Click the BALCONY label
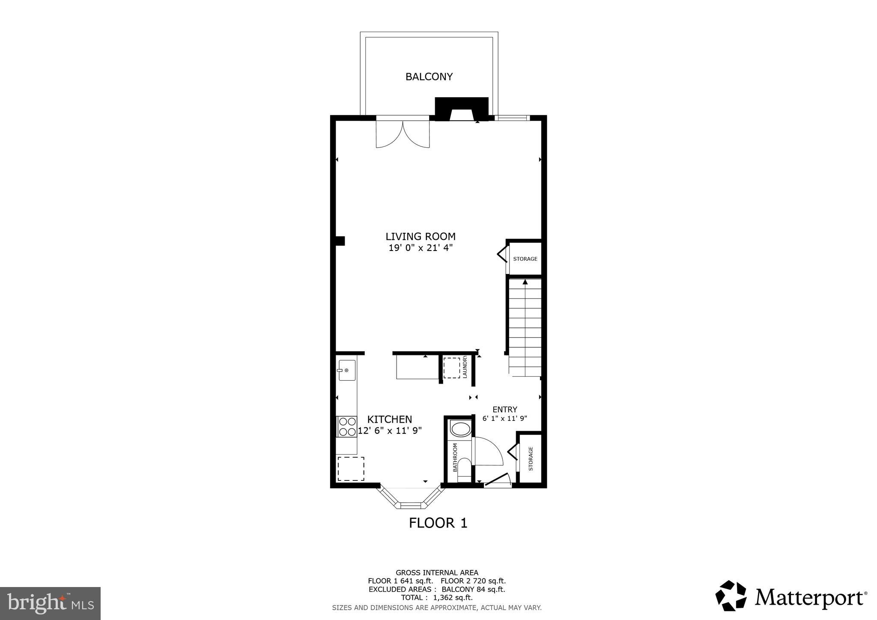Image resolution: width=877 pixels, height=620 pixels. [x=429, y=77]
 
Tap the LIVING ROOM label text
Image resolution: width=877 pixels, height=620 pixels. [x=421, y=236]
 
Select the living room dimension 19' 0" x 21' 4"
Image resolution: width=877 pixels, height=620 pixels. [x=421, y=248]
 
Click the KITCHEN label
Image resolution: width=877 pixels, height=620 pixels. [x=390, y=419]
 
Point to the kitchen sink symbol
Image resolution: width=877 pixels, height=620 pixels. [x=347, y=370]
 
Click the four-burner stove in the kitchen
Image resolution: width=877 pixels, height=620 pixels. [x=347, y=426]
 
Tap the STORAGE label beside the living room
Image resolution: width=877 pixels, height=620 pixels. [x=525, y=259]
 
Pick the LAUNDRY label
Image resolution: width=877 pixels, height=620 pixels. [x=465, y=367]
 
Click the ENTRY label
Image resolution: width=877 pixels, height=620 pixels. [x=505, y=409]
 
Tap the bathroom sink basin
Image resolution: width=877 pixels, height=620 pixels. [x=461, y=429]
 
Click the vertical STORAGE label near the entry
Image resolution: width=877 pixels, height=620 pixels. [x=531, y=459]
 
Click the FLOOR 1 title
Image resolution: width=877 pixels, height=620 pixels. [x=438, y=523]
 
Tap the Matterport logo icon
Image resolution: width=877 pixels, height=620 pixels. [x=731, y=596]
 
